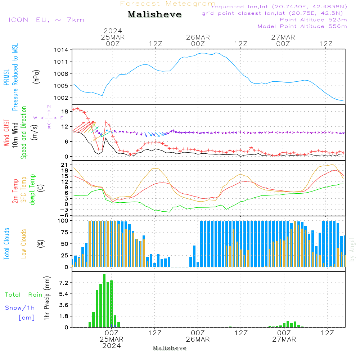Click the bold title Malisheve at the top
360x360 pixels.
[154, 15]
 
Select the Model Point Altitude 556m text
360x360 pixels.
[302, 26]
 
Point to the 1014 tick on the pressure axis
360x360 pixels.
[61, 50]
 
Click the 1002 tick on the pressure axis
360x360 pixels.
[61, 98]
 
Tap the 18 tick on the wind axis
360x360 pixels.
[65, 112]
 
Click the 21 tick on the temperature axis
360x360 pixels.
[65, 165]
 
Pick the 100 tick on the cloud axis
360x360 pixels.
[63, 220]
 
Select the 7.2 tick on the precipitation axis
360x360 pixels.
[64, 283]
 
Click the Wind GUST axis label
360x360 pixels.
[7, 133]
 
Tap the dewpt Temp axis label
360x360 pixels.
[32, 189]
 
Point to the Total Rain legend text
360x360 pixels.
[24, 295]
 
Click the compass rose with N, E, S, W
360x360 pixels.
[49, 117]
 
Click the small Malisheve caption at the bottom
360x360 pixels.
[170, 348]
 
